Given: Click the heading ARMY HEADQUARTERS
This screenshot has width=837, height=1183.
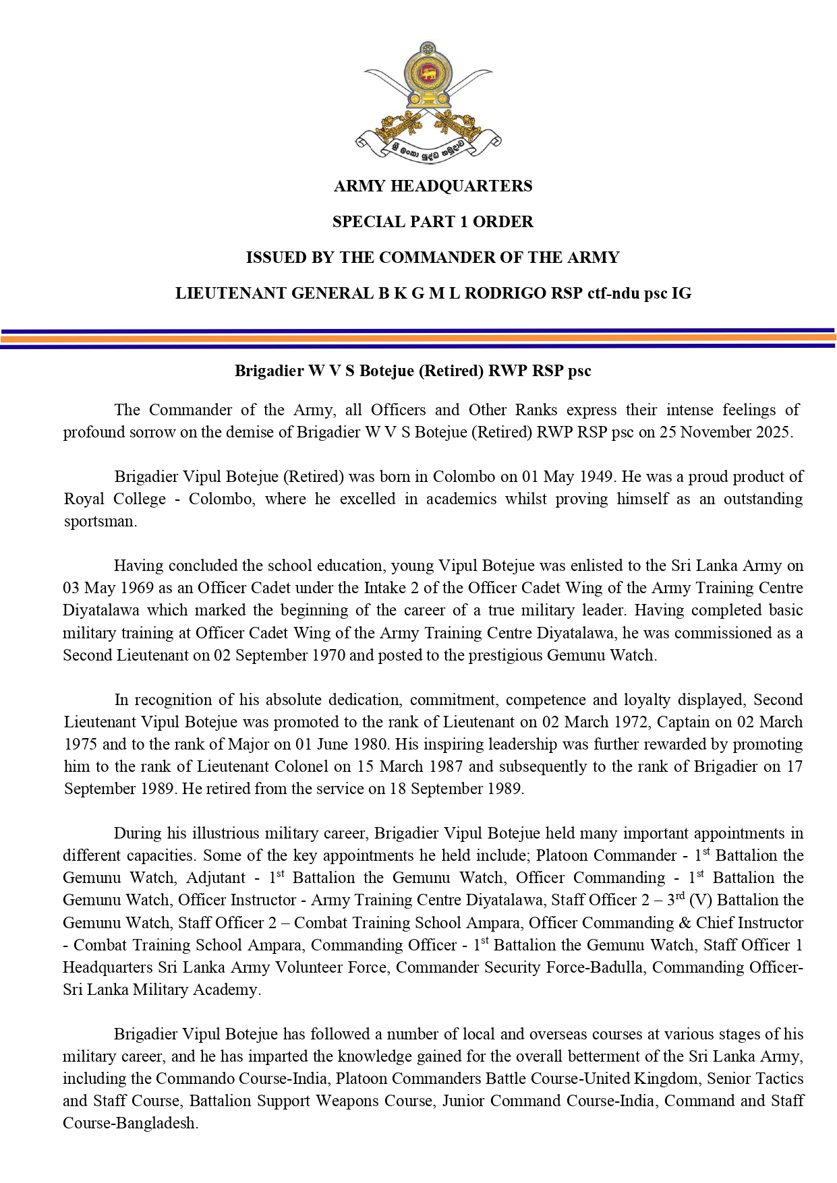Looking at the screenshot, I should [433, 186].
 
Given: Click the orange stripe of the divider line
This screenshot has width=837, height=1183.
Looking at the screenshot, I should [418, 338].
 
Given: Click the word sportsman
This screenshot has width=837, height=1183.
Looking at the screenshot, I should [100, 522].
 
